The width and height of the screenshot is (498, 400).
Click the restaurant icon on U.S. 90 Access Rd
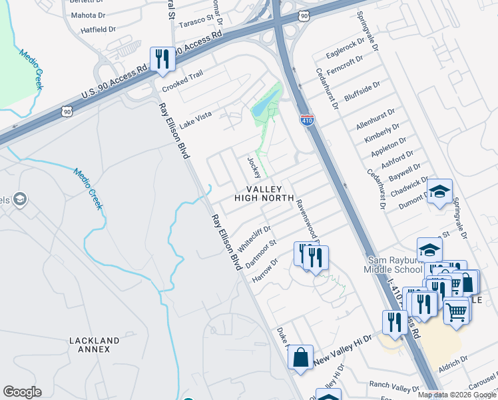tap(162, 59)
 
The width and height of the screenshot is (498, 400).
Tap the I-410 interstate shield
tap(306, 121)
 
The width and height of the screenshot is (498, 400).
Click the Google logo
tap(22, 392)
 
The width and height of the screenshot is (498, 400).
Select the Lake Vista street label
tap(194, 117)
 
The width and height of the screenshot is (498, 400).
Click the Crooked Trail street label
tap(182, 85)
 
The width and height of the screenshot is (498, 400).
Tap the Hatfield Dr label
tap(99, 30)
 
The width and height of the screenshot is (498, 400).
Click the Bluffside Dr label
tap(362, 91)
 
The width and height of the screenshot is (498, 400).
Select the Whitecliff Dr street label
tap(255, 236)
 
